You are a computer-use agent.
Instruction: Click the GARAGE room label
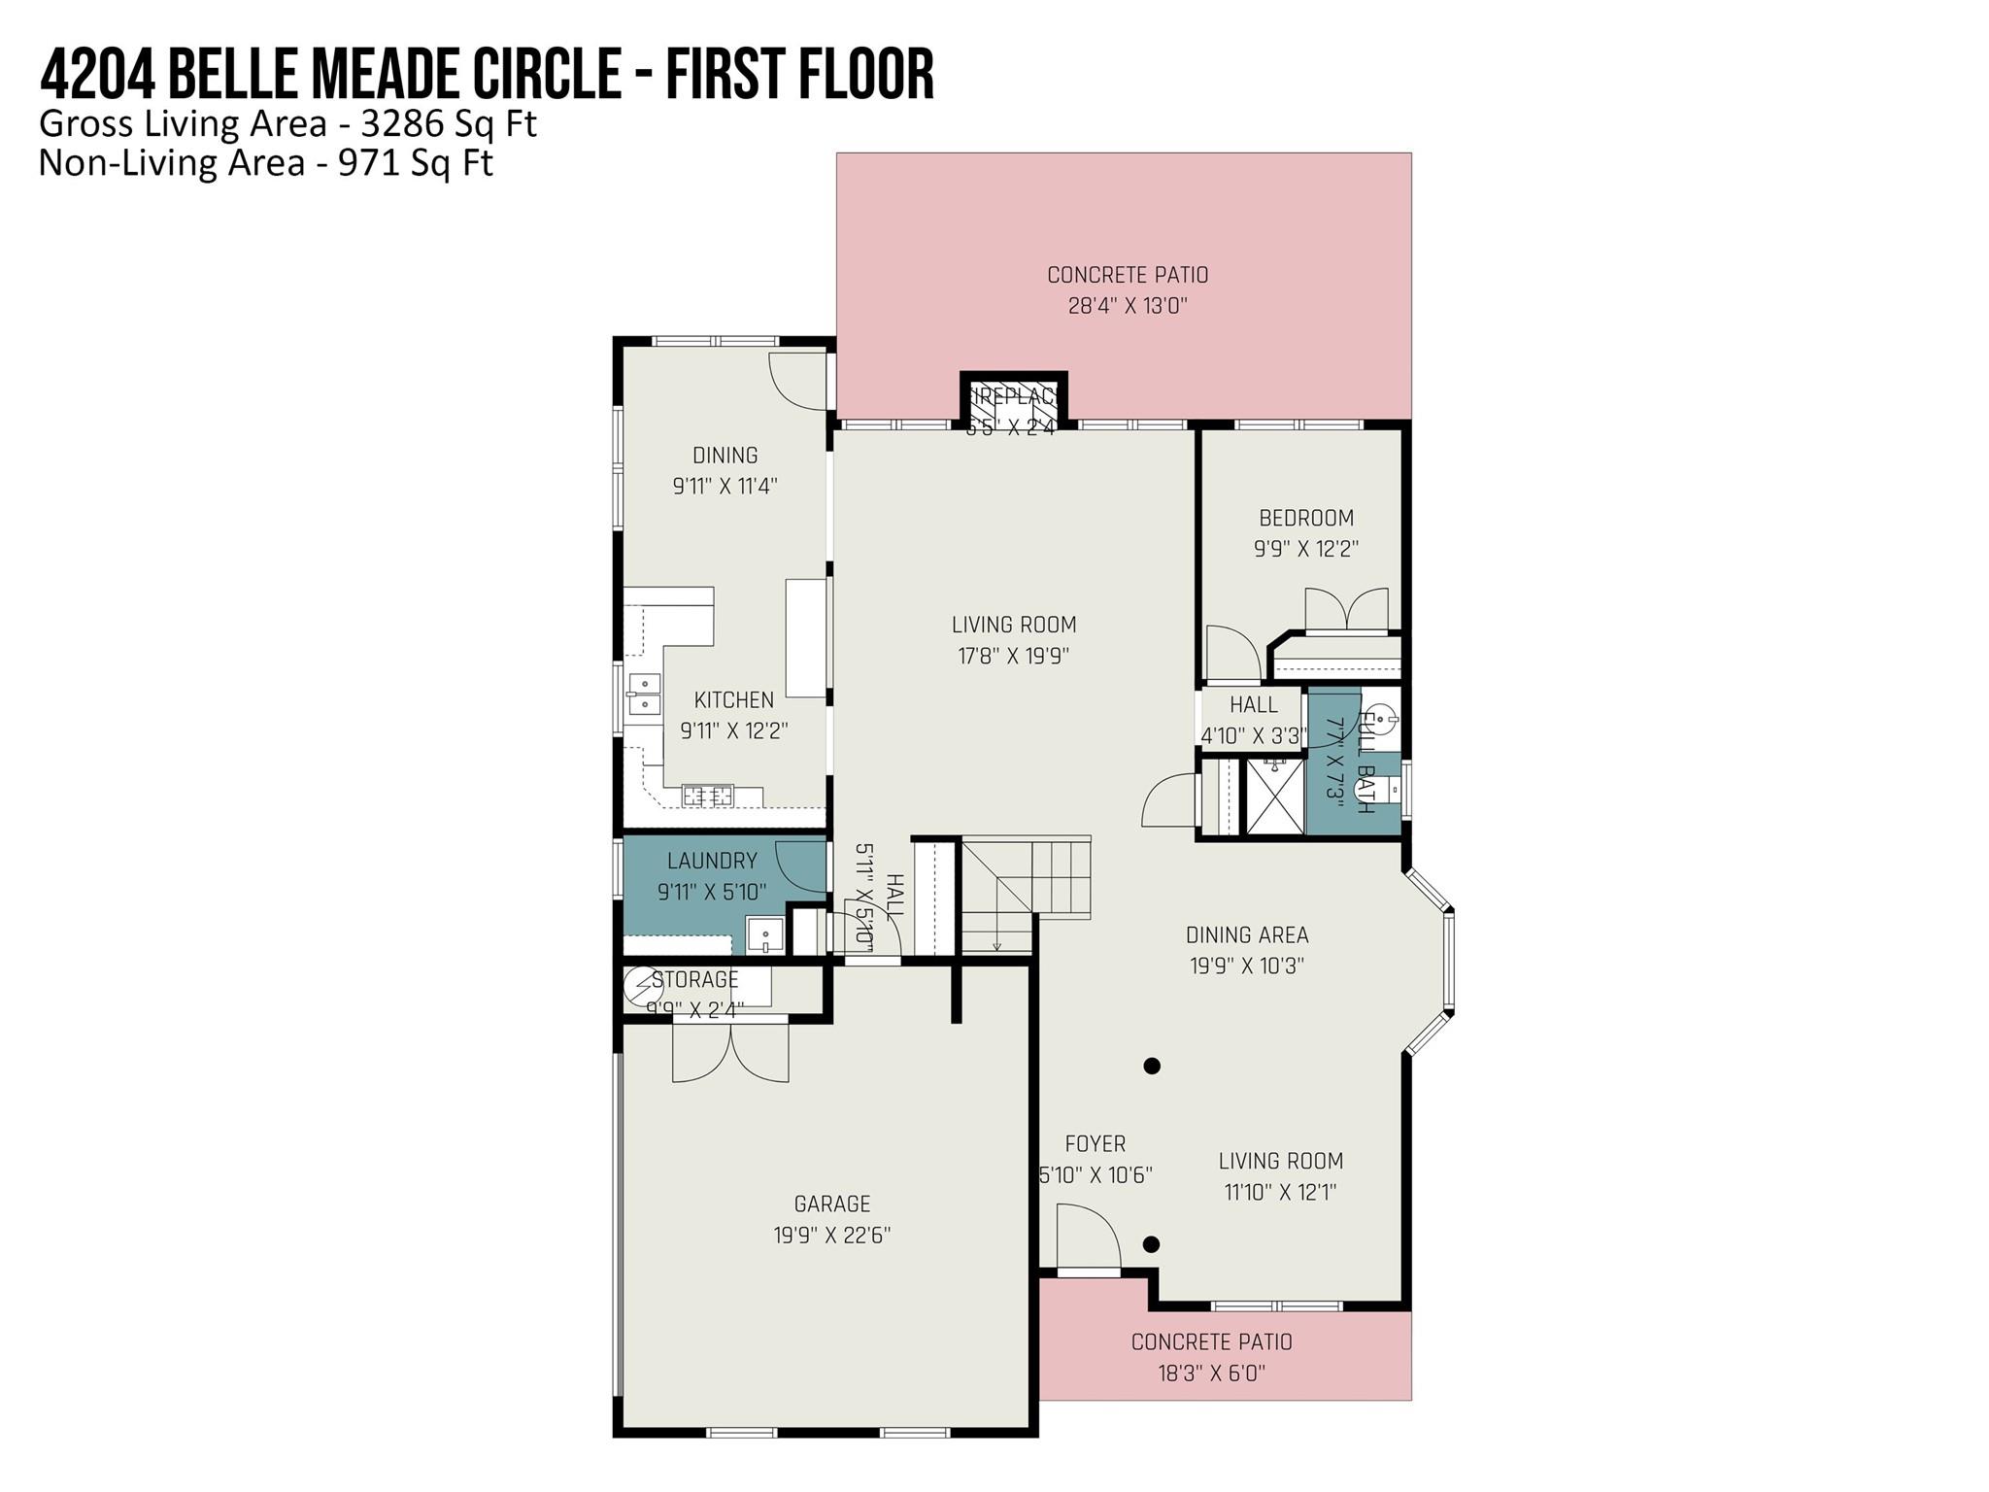click(x=831, y=1204)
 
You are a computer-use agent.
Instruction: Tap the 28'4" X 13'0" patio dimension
click(x=1127, y=307)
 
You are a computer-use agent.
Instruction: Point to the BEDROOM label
click(x=1305, y=518)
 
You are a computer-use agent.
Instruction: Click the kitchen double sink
click(x=644, y=695)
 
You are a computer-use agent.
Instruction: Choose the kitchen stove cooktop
click(x=707, y=797)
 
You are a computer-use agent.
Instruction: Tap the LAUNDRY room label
click(x=711, y=861)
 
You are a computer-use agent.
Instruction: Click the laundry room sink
click(x=764, y=935)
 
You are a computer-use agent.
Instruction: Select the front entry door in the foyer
click(x=1088, y=1239)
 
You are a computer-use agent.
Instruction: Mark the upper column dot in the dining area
click(x=1152, y=1066)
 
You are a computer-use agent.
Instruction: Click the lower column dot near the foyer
click(x=1151, y=1244)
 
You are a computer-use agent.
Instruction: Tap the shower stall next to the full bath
click(x=1274, y=797)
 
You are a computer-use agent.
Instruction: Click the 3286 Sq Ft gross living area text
click(x=448, y=124)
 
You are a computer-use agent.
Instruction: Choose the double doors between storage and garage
click(x=730, y=1052)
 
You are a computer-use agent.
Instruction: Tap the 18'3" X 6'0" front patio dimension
click(x=1210, y=1373)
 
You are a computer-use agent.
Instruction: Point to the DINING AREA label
click(x=1246, y=934)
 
